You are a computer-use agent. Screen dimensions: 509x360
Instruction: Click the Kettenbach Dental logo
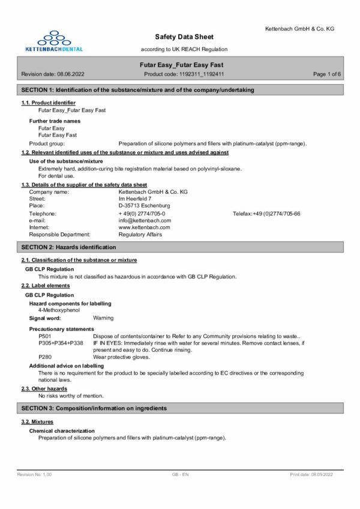(59, 39)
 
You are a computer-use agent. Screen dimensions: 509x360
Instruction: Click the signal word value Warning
(103, 318)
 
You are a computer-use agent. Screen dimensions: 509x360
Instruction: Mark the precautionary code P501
(44, 337)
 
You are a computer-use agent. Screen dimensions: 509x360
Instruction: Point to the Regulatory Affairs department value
(140, 235)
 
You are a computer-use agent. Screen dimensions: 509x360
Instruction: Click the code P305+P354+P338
(58, 343)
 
